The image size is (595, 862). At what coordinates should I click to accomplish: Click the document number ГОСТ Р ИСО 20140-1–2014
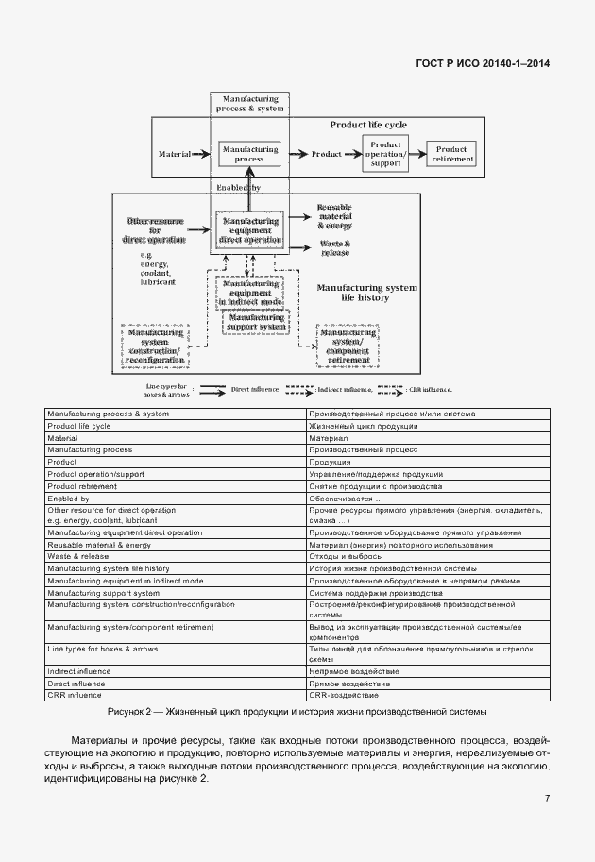(483, 64)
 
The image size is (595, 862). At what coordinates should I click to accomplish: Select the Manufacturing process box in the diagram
(249, 154)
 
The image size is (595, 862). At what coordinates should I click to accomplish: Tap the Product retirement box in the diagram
(451, 154)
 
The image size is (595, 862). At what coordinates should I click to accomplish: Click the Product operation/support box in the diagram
(386, 154)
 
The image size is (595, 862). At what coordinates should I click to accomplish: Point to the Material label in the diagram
(175, 154)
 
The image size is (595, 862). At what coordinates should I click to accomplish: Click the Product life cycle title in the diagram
(368, 125)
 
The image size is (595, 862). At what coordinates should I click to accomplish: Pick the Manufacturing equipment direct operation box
(249, 229)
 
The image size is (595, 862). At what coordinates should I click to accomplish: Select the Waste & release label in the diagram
(335, 248)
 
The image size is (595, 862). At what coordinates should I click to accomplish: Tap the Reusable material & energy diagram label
(335, 216)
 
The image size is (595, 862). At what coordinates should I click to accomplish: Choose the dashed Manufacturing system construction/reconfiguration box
(155, 347)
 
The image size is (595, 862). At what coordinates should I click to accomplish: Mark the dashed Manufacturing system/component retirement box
(348, 346)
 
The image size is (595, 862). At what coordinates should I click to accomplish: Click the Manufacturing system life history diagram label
(366, 292)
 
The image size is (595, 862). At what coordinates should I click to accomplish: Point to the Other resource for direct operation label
(155, 228)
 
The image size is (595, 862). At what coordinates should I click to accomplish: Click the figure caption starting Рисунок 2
(297, 711)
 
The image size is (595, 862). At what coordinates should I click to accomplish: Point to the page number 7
(547, 799)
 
